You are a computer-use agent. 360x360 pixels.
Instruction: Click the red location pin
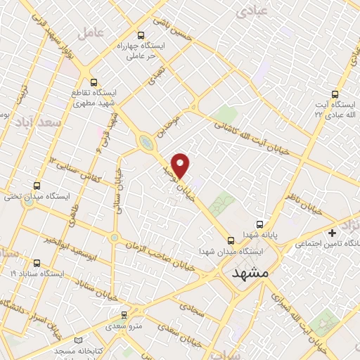tap(181, 164)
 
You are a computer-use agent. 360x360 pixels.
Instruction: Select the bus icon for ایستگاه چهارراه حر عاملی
tap(141, 35)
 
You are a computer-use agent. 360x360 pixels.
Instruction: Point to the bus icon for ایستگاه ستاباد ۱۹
tap(36, 264)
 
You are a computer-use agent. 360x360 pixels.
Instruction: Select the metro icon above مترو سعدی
tap(124, 315)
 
